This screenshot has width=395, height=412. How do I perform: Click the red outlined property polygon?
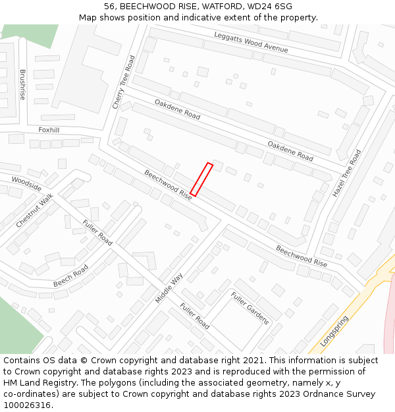tap(201, 179)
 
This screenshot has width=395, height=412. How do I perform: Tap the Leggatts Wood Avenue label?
tap(251, 42)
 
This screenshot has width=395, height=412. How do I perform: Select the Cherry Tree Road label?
tap(123, 82)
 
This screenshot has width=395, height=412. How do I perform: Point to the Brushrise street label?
tap(22, 84)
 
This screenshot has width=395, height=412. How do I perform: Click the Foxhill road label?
tap(49, 130)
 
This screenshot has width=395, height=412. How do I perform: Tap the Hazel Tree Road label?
tap(347, 173)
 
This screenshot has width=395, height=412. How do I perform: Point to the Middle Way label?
tap(169, 288)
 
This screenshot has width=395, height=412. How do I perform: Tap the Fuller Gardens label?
tap(250, 308)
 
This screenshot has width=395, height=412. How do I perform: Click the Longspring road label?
tap(334, 331)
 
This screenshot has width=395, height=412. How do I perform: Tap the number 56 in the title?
tap(110, 7)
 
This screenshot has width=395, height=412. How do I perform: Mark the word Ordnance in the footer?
tap(313, 394)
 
